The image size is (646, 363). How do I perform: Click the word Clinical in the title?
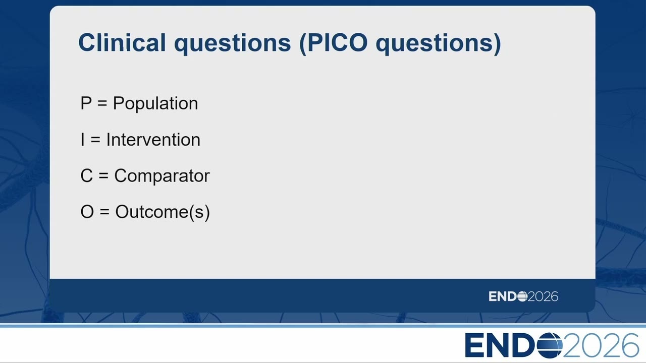[x=122, y=42]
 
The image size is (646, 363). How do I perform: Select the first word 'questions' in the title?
[x=233, y=44]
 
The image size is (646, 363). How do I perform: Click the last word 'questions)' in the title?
[x=439, y=44]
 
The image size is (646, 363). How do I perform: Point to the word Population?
[x=155, y=104]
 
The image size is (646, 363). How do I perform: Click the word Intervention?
[x=153, y=140]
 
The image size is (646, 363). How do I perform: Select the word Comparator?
[x=162, y=176]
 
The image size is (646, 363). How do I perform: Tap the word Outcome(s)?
[x=163, y=212]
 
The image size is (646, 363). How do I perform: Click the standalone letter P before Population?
[x=86, y=103]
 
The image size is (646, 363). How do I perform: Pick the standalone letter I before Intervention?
[x=83, y=140]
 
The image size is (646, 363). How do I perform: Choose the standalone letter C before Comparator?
[x=86, y=176]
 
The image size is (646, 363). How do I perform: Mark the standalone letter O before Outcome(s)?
[x=87, y=212]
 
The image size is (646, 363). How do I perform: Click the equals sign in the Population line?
[x=102, y=104]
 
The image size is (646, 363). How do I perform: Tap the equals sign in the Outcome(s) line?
[x=104, y=212]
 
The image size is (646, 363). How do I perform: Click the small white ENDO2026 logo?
[x=523, y=296]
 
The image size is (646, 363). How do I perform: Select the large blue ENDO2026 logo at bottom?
[x=552, y=345]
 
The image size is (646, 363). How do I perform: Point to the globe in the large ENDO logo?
[x=550, y=345]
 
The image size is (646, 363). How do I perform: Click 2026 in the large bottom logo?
[x=601, y=345]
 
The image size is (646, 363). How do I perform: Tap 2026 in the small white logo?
[x=543, y=296]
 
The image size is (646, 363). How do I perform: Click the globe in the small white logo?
[x=522, y=296]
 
